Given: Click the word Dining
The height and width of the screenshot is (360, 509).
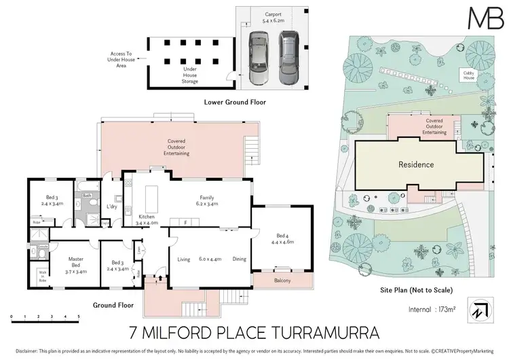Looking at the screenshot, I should (x=239, y=258).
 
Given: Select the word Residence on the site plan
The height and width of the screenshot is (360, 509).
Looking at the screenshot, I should (x=415, y=164).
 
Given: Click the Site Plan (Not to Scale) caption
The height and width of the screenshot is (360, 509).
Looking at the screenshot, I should (x=415, y=289).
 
